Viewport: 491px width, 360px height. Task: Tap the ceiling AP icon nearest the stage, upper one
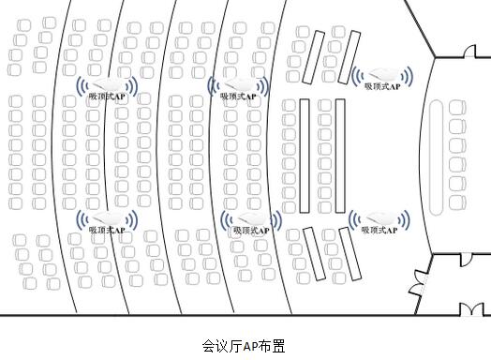pos(381,76)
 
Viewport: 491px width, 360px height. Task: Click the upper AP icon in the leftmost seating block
pos(109,85)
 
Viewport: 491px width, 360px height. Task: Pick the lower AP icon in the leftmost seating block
pos(108,218)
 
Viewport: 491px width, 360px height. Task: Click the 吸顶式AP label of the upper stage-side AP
pos(381,87)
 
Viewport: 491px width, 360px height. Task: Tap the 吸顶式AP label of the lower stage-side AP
pos(379,230)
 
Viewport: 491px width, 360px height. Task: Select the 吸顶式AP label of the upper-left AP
pos(109,97)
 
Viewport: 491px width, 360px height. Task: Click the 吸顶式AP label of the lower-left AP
pos(108,230)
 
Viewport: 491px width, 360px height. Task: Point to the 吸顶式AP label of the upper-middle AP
pos(240,97)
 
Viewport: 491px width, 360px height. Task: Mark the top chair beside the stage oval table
pos(456,109)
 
